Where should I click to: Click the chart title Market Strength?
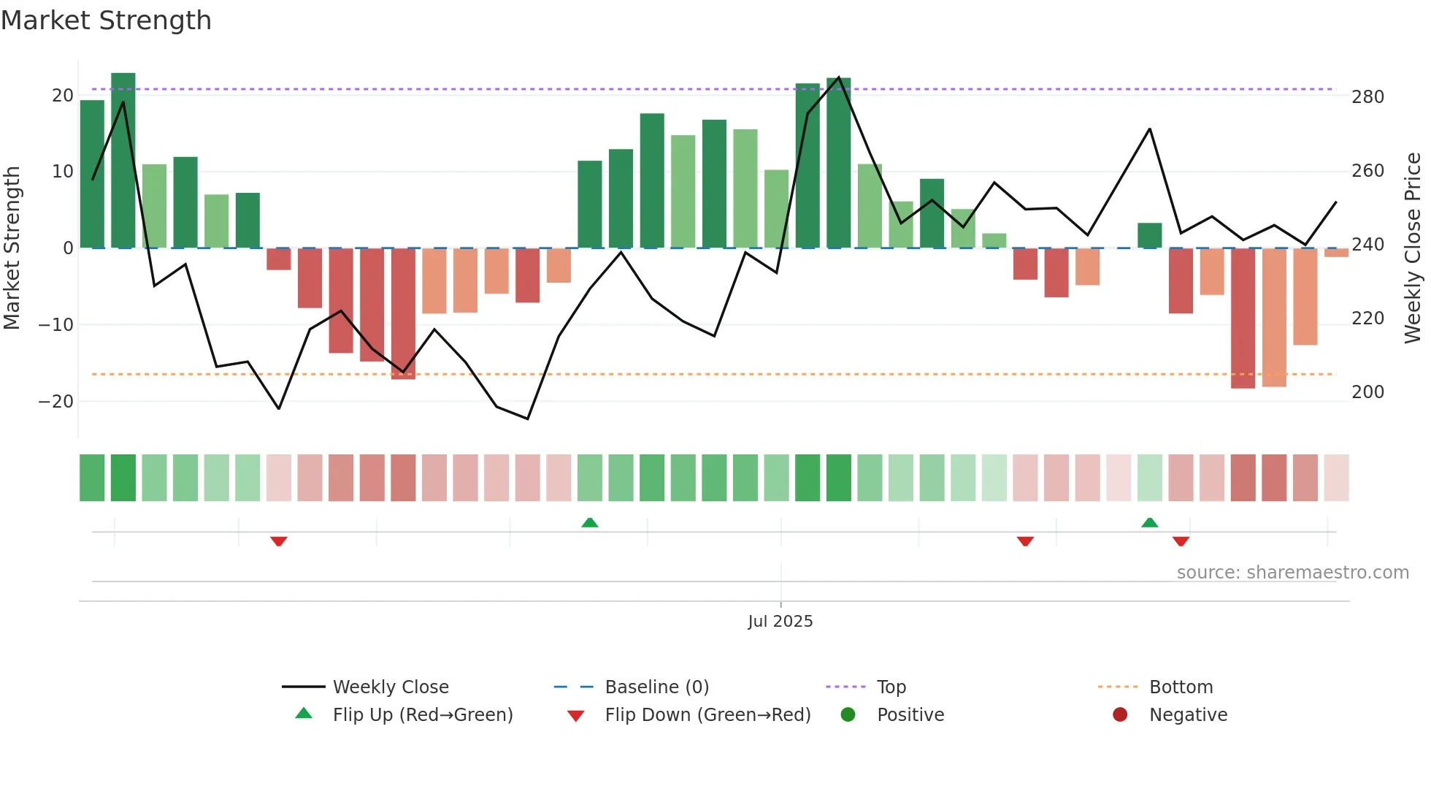(106, 20)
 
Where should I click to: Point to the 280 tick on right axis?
(1367, 97)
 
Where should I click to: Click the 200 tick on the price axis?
(1367, 392)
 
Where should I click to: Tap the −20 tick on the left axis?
(55, 402)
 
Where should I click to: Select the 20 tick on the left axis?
(62, 96)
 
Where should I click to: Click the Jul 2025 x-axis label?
(780, 622)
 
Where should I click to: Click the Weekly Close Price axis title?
(1412, 248)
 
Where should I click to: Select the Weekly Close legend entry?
(390, 687)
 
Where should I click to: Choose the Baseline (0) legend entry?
(656, 687)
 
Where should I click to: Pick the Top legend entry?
(891, 687)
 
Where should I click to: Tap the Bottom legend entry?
(1181, 687)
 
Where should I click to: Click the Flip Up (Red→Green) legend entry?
(422, 715)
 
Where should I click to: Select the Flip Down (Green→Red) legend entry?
(707, 715)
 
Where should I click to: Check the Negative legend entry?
(1188, 715)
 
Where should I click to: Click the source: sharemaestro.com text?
(1292, 573)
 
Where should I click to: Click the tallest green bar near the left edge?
(123, 161)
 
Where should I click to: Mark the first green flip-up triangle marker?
(590, 522)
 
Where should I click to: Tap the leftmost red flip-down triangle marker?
(278, 541)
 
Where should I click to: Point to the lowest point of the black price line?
(528, 419)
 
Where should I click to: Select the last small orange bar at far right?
(1336, 253)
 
